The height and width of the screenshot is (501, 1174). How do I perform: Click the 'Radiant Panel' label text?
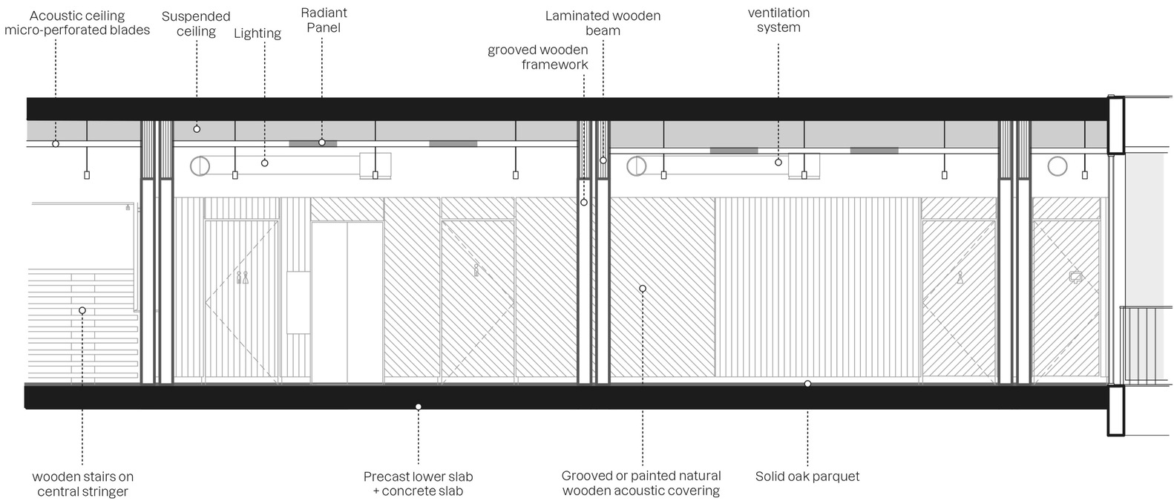pos(324,21)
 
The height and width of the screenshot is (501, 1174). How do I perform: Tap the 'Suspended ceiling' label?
pos(196,24)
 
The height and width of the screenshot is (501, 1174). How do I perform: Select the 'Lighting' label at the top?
pos(257,33)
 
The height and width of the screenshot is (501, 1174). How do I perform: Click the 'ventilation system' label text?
pos(778,20)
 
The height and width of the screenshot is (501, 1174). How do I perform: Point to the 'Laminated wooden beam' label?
pos(603,23)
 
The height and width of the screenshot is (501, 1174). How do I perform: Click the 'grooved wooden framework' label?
pos(538,57)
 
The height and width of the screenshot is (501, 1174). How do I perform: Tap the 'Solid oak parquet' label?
pos(807,477)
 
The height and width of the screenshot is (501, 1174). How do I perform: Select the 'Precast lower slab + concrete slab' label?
pos(418,484)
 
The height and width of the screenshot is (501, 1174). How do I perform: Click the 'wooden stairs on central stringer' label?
pos(82,484)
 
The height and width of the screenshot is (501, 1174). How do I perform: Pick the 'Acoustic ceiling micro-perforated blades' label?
pos(77,23)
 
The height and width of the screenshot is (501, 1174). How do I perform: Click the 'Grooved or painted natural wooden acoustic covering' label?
pos(641,483)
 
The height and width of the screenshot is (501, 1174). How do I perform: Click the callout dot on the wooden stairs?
pos(82,310)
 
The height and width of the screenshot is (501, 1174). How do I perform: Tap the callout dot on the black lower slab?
pos(419,407)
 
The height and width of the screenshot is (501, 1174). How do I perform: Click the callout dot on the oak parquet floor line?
pos(807,384)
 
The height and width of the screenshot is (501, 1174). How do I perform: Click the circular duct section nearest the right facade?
pos(1058,166)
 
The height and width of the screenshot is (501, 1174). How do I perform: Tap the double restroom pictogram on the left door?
pos(242,278)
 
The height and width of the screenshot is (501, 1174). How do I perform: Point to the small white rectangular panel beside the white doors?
pos(298,302)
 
